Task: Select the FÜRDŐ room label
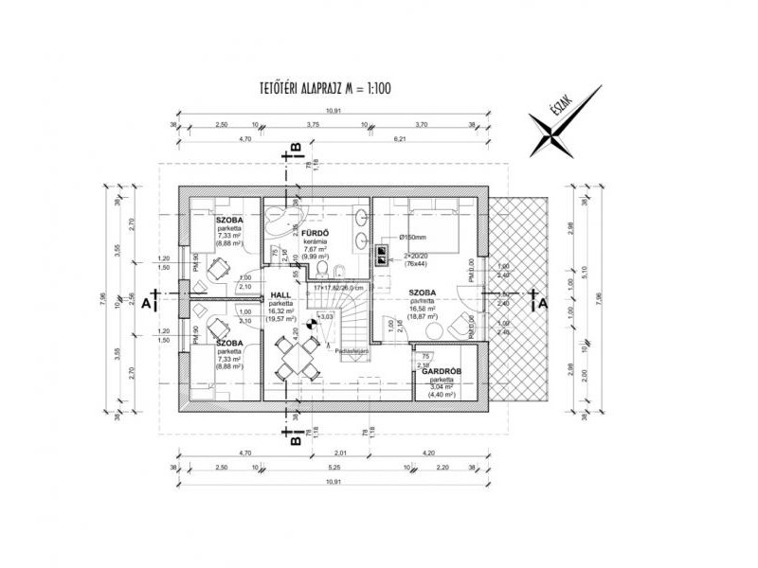(x=316, y=233)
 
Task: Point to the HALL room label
(x=280, y=295)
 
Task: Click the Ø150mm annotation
(x=415, y=238)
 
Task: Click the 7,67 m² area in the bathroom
(x=316, y=248)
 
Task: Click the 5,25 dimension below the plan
(x=334, y=468)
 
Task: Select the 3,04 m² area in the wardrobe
(x=442, y=386)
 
